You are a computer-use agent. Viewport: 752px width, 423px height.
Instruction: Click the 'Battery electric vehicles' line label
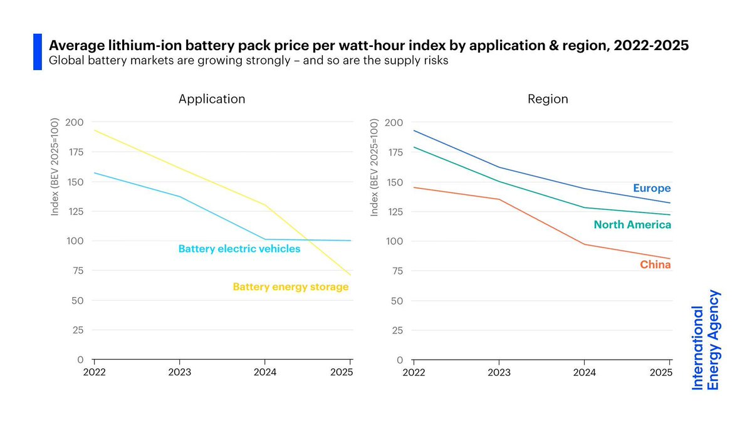tap(239, 249)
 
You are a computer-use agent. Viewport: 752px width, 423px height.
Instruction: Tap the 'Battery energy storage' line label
tap(290, 287)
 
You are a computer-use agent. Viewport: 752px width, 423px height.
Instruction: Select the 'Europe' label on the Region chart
tap(652, 188)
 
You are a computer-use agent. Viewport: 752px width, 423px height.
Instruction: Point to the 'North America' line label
tap(632, 224)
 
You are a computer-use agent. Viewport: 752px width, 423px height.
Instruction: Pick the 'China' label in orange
tap(655, 265)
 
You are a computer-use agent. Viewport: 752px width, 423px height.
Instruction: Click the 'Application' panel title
tap(212, 99)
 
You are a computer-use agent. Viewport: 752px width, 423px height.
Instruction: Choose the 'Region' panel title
tap(548, 99)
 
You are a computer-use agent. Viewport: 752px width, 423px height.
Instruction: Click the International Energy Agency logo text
tap(706, 340)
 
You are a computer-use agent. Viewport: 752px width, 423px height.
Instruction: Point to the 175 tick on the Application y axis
tap(75, 152)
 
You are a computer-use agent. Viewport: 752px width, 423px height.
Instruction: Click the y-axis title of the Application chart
tap(55, 169)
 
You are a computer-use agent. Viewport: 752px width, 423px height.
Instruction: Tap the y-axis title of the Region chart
tap(375, 169)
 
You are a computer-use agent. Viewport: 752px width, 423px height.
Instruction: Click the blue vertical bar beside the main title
tap(37, 52)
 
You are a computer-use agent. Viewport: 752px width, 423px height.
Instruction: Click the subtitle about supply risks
tap(249, 62)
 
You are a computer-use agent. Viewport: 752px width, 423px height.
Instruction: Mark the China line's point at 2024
tap(584, 244)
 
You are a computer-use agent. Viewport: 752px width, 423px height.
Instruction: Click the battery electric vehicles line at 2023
tap(180, 197)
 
